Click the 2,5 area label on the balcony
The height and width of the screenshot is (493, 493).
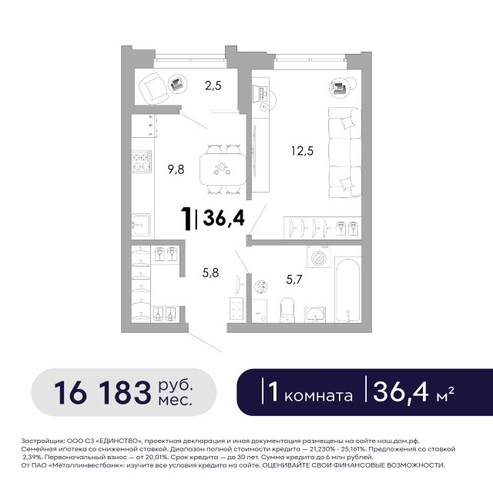click(x=213, y=86)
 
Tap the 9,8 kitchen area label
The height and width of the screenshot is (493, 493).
click(x=176, y=169)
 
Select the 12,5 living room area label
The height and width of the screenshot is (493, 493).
click(x=302, y=151)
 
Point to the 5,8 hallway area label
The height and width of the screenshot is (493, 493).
click(x=210, y=273)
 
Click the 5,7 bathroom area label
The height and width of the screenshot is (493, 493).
click(x=294, y=279)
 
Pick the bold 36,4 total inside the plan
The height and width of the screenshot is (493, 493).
click(x=223, y=218)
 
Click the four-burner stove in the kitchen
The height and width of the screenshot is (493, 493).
click(x=142, y=162)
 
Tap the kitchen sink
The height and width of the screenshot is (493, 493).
click(x=141, y=225)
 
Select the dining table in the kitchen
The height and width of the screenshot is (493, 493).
click(x=223, y=169)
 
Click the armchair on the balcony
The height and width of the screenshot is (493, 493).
click(x=153, y=89)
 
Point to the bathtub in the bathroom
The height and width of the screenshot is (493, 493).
click(x=347, y=290)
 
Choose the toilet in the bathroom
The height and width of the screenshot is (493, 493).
click(x=287, y=310)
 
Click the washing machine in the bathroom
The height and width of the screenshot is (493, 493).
click(x=318, y=257)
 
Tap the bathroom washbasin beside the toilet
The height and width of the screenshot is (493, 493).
click(x=315, y=315)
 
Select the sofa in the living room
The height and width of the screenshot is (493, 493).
click(x=344, y=153)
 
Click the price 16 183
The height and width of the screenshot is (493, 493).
click(x=102, y=393)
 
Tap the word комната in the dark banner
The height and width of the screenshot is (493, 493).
click(x=318, y=396)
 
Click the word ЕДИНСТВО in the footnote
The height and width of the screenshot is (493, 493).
click(x=121, y=441)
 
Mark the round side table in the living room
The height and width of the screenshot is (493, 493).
click(x=337, y=87)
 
